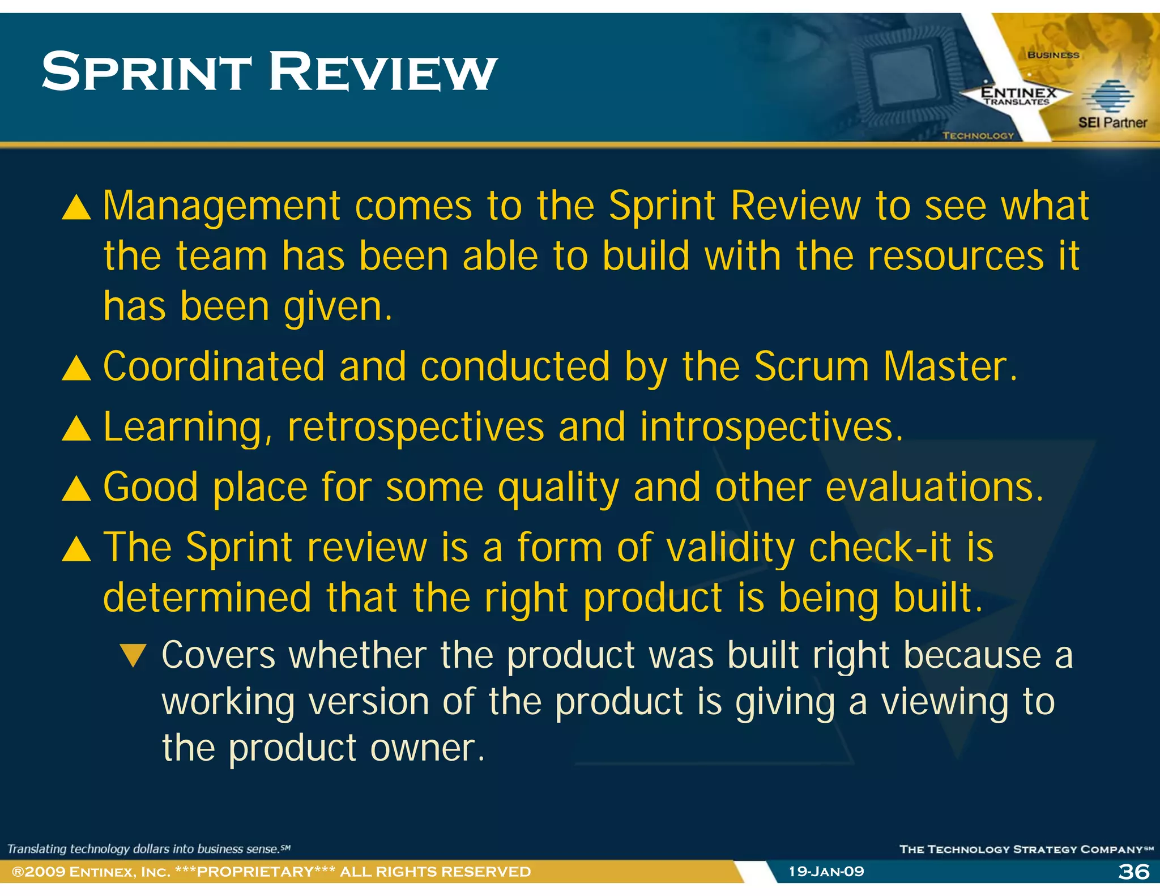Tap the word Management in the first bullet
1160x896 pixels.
tap(221, 206)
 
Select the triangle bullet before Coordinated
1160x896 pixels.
tap(76, 368)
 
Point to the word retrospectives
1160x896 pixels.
tap(415, 428)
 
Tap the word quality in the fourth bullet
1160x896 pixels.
tap(558, 488)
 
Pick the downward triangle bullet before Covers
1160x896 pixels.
tap(134, 656)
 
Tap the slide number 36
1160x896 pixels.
tap(1133, 872)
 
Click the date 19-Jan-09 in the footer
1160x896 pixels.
tap(826, 872)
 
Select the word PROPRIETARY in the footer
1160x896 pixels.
tap(255, 872)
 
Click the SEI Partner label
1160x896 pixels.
tap(1112, 122)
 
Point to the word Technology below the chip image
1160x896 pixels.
tap(978, 135)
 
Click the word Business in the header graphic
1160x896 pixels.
tap(1053, 55)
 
